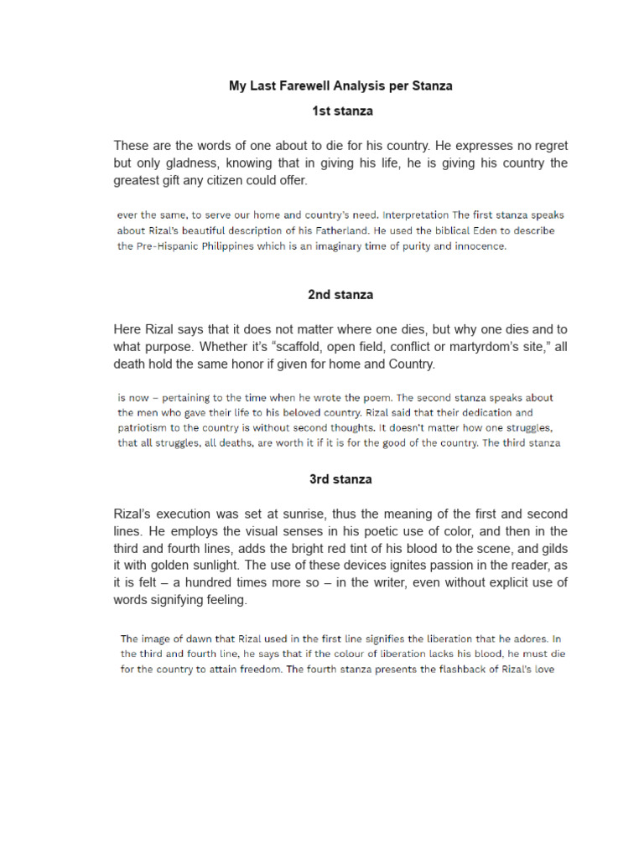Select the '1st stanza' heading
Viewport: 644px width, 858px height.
341,111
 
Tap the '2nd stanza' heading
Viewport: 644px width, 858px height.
340,295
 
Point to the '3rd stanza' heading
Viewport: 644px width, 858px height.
340,479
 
